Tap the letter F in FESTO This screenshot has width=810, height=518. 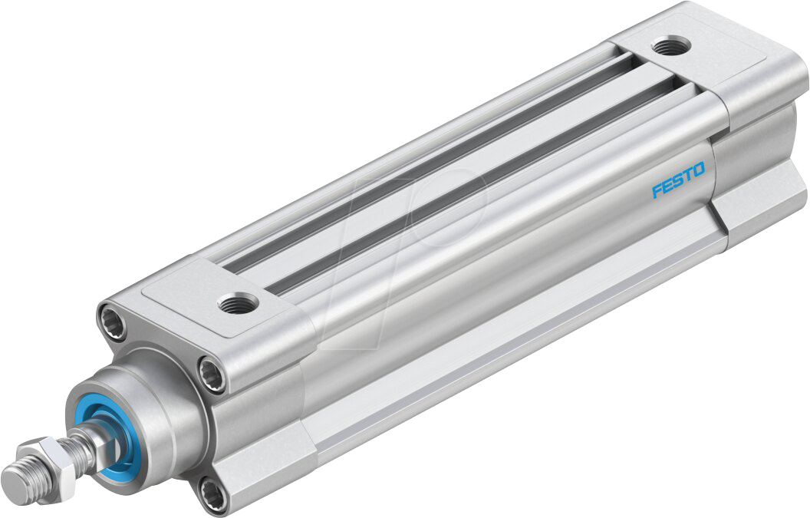coord(657,190)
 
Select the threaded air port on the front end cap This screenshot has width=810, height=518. coord(230,305)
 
